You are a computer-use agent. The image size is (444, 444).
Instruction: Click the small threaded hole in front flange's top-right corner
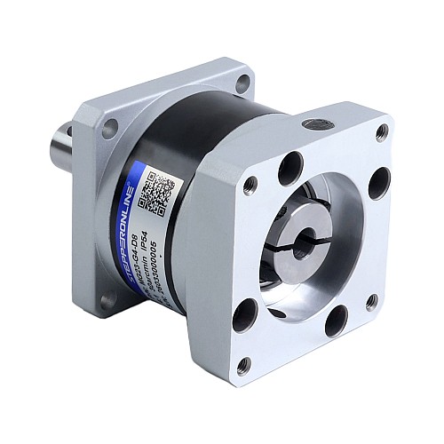point(382,133)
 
